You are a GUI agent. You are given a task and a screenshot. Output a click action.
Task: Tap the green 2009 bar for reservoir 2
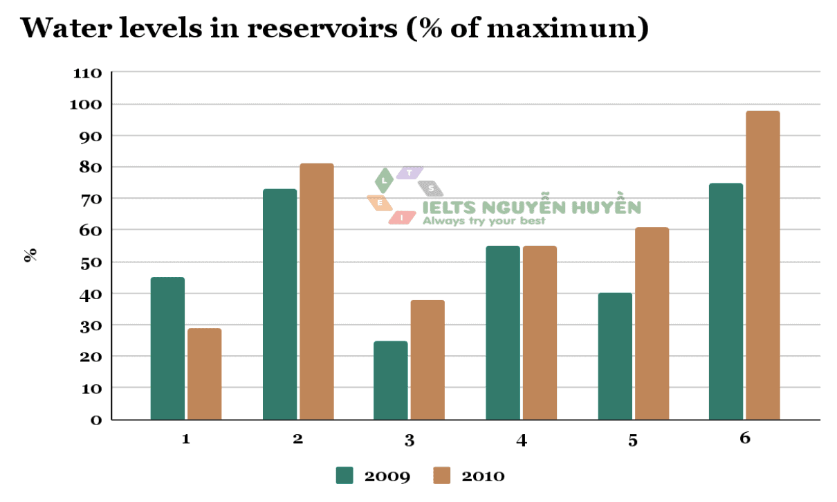[279, 304]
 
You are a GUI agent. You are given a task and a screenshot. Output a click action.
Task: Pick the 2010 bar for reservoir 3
[427, 359]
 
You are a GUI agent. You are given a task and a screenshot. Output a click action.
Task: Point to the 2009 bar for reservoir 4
[502, 332]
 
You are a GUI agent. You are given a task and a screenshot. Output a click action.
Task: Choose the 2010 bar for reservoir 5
[652, 323]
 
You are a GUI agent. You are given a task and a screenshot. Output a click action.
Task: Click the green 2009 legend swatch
[344, 476]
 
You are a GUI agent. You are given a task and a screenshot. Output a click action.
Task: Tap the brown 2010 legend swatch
[441, 476]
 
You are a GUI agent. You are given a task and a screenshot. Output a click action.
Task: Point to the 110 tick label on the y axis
[87, 73]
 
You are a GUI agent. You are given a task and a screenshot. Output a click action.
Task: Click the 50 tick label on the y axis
[91, 262]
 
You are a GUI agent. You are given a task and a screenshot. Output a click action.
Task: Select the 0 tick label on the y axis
[96, 420]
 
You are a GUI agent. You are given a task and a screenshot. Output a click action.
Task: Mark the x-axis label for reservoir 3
[410, 440]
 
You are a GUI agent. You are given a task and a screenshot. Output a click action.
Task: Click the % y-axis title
[30, 255]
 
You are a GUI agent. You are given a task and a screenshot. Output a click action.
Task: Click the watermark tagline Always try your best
[484, 221]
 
